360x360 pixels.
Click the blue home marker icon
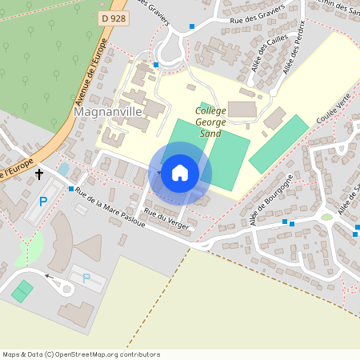coord(180,173)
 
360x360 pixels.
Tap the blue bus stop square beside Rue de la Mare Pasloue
coord(71,190)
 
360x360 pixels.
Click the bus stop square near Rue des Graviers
coord(192,26)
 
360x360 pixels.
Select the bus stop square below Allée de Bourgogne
coord(284,222)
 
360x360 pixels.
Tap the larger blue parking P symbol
coord(44,202)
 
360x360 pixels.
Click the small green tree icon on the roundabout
coord(326,216)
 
